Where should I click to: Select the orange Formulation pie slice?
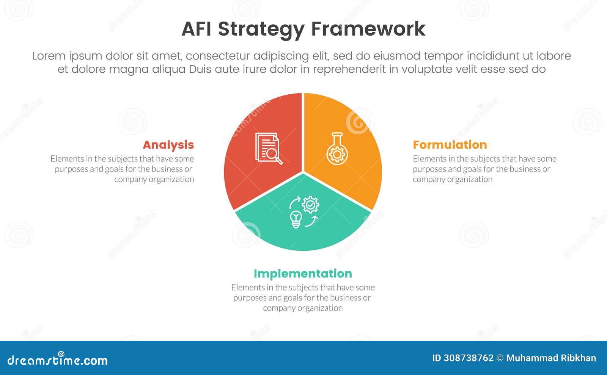pos(353,178)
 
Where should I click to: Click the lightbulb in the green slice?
pos(296,219)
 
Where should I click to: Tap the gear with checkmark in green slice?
pos(311,205)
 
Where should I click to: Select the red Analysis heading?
pos(168,145)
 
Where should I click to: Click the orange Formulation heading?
pos(450,145)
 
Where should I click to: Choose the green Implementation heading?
pos(303,273)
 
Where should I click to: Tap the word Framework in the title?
pos(368,29)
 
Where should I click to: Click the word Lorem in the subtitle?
pos(48,56)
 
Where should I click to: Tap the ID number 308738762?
pos(473,358)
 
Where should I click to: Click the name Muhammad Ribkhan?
pos(551,358)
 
